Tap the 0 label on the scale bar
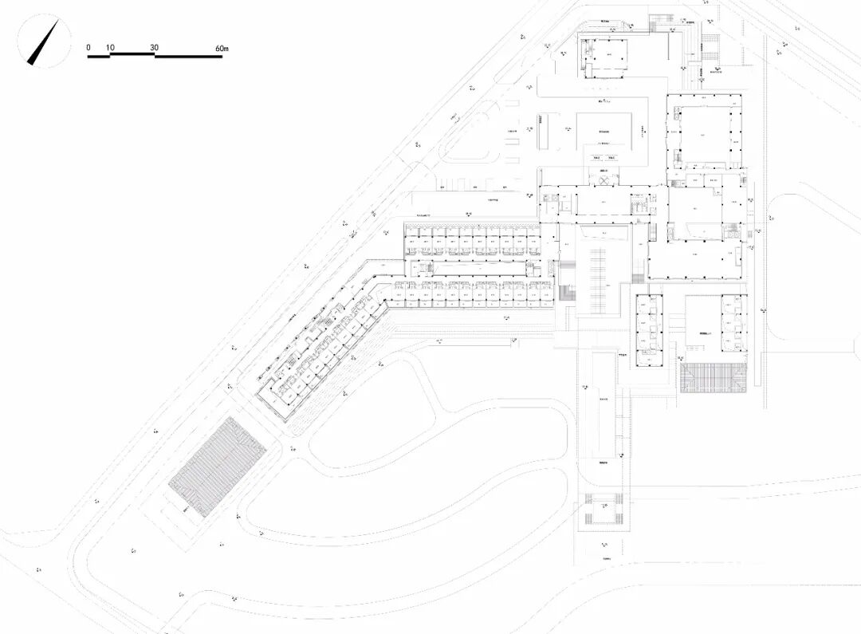(88, 48)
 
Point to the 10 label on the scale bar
(110, 48)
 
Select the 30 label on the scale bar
(155, 48)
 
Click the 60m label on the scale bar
(222, 48)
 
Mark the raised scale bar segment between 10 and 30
(132, 54)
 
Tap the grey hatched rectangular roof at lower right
(715, 377)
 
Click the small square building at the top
(603, 57)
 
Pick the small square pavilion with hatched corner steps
(603, 510)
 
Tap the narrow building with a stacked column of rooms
(650, 329)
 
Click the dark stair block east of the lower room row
(567, 292)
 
